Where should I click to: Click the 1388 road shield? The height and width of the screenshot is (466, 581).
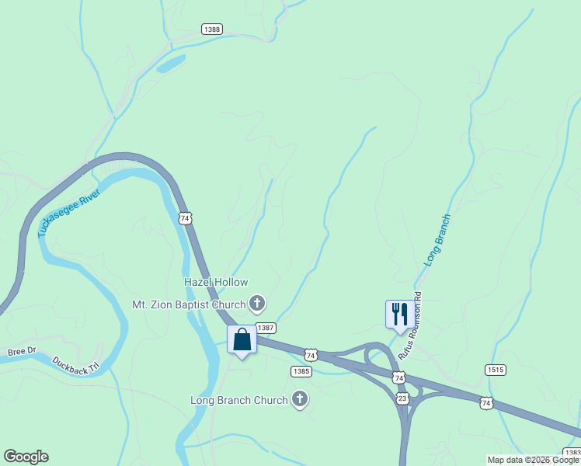point(211,29)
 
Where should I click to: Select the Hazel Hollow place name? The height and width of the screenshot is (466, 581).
point(215,283)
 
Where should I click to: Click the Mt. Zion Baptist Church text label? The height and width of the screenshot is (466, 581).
point(189,304)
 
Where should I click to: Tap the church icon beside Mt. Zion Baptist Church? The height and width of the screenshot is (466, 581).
point(257,303)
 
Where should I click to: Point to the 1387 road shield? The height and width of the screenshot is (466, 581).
point(266,329)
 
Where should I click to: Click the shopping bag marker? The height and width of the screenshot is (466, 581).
point(242,340)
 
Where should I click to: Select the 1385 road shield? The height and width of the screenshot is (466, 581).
point(301,371)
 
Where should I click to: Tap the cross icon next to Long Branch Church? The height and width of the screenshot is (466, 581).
point(299,400)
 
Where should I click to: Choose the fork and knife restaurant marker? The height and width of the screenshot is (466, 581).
point(400,315)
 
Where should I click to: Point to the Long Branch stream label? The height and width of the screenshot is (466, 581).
point(437,241)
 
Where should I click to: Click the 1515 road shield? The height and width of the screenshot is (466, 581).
point(495,370)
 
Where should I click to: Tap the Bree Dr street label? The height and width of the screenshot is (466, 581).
point(22,352)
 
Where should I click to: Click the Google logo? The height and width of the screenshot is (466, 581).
point(26,457)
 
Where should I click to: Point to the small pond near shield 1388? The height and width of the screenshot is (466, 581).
point(171,63)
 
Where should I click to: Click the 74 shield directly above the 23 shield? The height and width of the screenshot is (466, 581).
point(398,377)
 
